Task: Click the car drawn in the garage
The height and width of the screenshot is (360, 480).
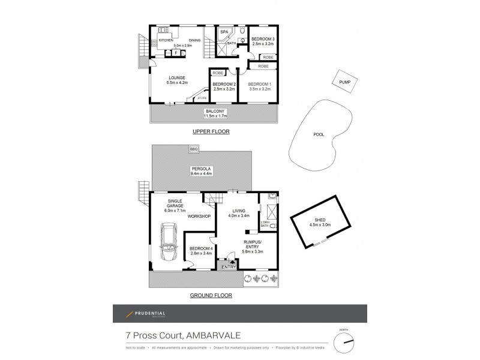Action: coord(169,243)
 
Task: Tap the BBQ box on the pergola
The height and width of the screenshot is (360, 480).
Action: coord(193,149)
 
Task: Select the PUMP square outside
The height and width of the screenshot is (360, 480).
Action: coord(344,82)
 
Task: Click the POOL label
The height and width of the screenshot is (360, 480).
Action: coord(319,134)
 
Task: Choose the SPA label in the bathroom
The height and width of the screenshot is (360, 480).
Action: coord(224,32)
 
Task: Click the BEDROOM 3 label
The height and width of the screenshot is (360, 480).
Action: coord(263,39)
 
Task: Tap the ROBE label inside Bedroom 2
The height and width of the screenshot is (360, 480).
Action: coord(218,73)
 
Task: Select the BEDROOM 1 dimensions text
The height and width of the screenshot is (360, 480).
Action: coord(260,89)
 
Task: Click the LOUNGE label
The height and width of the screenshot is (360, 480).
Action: coord(176,77)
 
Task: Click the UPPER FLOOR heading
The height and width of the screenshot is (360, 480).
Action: coord(211,131)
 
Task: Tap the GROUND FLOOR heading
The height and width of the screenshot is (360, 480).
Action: coord(211,295)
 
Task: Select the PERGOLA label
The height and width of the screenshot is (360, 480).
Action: coord(199,169)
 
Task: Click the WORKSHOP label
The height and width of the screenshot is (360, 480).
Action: coord(199,216)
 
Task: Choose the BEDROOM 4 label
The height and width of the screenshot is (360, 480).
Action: coord(200,248)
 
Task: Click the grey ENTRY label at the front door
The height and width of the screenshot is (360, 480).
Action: coord(229,267)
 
